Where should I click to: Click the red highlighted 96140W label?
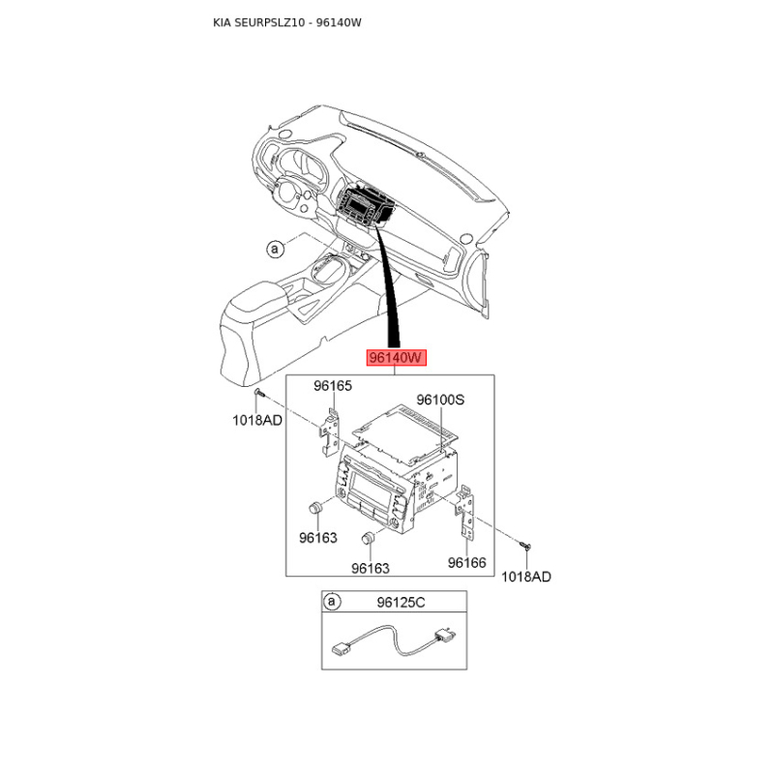tap(396, 358)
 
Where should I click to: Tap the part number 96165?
tap(332, 386)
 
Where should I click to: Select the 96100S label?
tap(440, 399)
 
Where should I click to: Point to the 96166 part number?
tap(466, 562)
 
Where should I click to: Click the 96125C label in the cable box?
tap(401, 603)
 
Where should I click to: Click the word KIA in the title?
tap(223, 22)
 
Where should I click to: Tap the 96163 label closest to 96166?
tap(371, 569)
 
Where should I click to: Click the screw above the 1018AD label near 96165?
tap(260, 395)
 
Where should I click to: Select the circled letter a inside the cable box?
tap(333, 603)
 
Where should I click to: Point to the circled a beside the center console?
tap(275, 250)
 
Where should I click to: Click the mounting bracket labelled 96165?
tap(331, 426)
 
